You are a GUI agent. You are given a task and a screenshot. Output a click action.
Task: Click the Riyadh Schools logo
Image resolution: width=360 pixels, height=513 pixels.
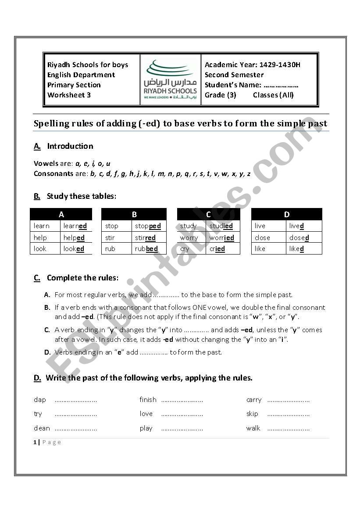pos(171,79)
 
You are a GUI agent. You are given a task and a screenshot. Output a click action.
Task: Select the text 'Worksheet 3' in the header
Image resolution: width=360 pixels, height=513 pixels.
pos(69,95)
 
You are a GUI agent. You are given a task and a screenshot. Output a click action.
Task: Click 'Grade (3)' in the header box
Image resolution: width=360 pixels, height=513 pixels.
pos(220,95)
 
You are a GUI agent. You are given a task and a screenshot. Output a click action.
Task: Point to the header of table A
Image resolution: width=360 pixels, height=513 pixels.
pos(61,214)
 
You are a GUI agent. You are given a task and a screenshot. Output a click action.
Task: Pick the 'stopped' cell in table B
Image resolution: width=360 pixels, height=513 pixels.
pos(148,226)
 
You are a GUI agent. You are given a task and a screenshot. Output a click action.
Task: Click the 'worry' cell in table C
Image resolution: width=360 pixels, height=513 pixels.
pos(189,238)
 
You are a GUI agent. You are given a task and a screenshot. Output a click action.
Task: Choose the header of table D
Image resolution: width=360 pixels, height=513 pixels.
pos(287,214)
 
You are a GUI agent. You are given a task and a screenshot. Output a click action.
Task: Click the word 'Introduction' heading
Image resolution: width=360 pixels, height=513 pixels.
pos(70,146)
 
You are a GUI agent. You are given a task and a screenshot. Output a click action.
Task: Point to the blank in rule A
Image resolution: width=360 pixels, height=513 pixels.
pos(165,295)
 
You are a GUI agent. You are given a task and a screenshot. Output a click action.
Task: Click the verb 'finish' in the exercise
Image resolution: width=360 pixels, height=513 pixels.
pos(148,400)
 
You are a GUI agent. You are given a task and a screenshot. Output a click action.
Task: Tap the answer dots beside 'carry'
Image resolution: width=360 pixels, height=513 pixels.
pos(288,400)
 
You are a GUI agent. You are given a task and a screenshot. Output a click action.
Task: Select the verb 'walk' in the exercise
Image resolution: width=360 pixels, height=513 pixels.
pos(253,428)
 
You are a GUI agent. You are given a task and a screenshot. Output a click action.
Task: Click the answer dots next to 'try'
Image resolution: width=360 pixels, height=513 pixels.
pos(75,414)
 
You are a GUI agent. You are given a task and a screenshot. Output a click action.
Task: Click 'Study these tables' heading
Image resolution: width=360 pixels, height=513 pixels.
pos(81,196)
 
